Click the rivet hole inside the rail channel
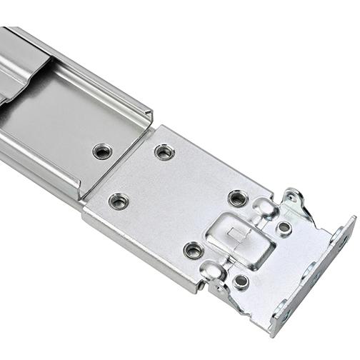coord(102,151)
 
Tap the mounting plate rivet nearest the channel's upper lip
coord(164,151)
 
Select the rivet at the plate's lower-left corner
coord(119,201)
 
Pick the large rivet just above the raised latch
coord(238,197)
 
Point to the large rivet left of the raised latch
coord(193,249)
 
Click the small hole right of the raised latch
coord(284,228)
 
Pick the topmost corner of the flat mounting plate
coord(165,127)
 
